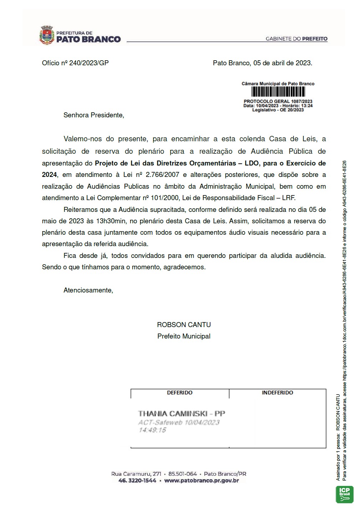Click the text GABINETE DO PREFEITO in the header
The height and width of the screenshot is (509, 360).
pyautogui.click(x=296, y=39)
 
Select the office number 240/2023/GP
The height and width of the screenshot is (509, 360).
pyautogui.click(x=89, y=63)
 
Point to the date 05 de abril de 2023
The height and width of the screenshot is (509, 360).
pyautogui.click(x=283, y=63)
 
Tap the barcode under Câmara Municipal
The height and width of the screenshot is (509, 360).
pyautogui.click(x=278, y=92)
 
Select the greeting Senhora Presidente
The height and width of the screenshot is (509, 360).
pyautogui.click(x=93, y=115)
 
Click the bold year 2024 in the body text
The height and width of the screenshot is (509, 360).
pyautogui.click(x=49, y=175)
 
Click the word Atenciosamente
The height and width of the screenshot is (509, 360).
pyautogui.click(x=88, y=290)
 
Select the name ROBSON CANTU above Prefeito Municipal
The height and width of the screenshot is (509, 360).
pyautogui.click(x=184, y=325)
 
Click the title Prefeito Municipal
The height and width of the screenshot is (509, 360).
pyautogui.click(x=184, y=336)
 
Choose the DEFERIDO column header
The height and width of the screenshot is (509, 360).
pyautogui.click(x=179, y=393)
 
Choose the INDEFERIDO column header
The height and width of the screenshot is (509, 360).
pyautogui.click(x=277, y=393)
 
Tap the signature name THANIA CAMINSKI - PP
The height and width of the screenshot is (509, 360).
pyautogui.click(x=182, y=414)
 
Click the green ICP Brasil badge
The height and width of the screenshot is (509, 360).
pyautogui.click(x=344, y=494)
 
